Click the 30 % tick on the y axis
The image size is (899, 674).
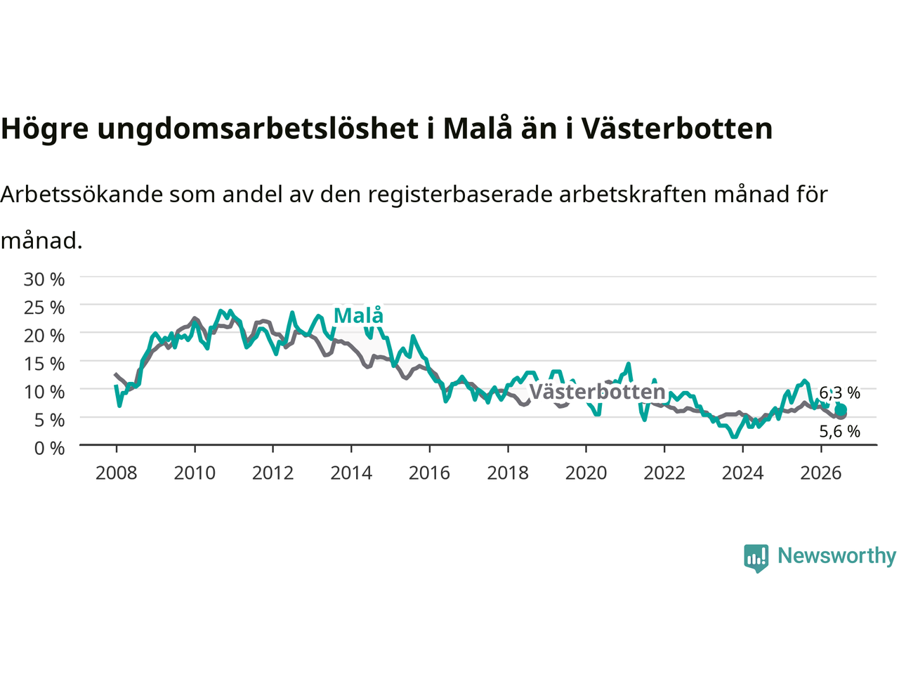pyautogui.click(x=44, y=279)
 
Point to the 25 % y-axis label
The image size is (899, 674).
pyautogui.click(x=44, y=308)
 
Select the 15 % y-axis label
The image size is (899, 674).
pyautogui.click(x=44, y=364)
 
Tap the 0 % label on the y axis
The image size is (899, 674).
pyautogui.click(x=50, y=448)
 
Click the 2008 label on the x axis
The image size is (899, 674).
pyautogui.click(x=117, y=473)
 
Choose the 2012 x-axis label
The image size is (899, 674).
pyautogui.click(x=273, y=473)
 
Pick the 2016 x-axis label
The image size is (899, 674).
pyautogui.click(x=429, y=473)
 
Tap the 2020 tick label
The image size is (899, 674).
pyautogui.click(x=586, y=473)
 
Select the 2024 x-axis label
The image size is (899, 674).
pyautogui.click(x=742, y=473)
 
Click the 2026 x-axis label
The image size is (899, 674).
pyautogui.click(x=821, y=473)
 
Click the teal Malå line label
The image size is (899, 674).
pyautogui.click(x=359, y=315)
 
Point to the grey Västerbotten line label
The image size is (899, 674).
pyautogui.click(x=598, y=392)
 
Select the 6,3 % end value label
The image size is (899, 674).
pyautogui.click(x=839, y=393)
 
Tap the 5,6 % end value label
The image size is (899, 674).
pyautogui.click(x=839, y=431)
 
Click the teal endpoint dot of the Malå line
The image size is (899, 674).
pyautogui.click(x=841, y=409)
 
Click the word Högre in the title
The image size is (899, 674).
pyautogui.click(x=45, y=130)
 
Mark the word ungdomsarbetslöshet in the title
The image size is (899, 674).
pyautogui.click(x=258, y=130)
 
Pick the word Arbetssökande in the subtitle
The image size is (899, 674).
pyautogui.click(x=81, y=194)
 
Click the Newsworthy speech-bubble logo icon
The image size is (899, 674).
pyautogui.click(x=756, y=558)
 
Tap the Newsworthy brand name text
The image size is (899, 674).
pyautogui.click(x=836, y=556)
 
